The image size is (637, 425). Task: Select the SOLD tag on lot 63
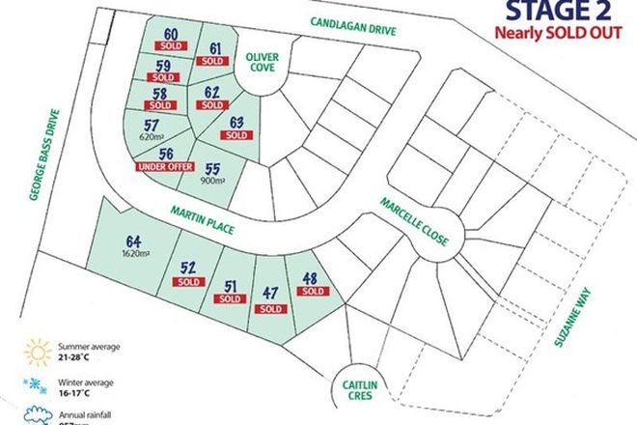point(236,137)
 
